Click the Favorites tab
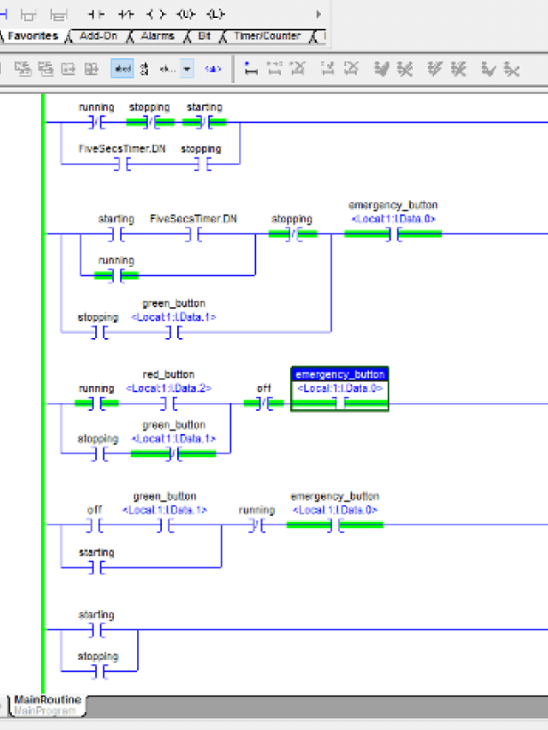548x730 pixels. (x=33, y=36)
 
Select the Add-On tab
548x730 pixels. (x=98, y=36)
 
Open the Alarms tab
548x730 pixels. (x=157, y=36)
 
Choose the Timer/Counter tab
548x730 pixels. (x=266, y=36)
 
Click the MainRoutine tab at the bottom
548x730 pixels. (x=48, y=700)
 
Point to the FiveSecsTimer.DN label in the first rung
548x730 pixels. (x=122, y=149)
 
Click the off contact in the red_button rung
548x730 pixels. (x=264, y=403)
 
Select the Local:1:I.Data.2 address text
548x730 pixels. (x=169, y=389)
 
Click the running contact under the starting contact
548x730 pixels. (x=116, y=275)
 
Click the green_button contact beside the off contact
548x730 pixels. (x=164, y=525)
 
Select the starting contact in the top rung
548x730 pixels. (x=204, y=122)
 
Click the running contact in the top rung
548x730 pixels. (x=96, y=122)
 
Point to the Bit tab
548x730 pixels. (x=204, y=36)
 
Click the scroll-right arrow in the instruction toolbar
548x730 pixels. (x=319, y=15)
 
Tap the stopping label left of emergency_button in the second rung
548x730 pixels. (x=292, y=219)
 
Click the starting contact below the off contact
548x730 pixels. (x=96, y=567)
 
